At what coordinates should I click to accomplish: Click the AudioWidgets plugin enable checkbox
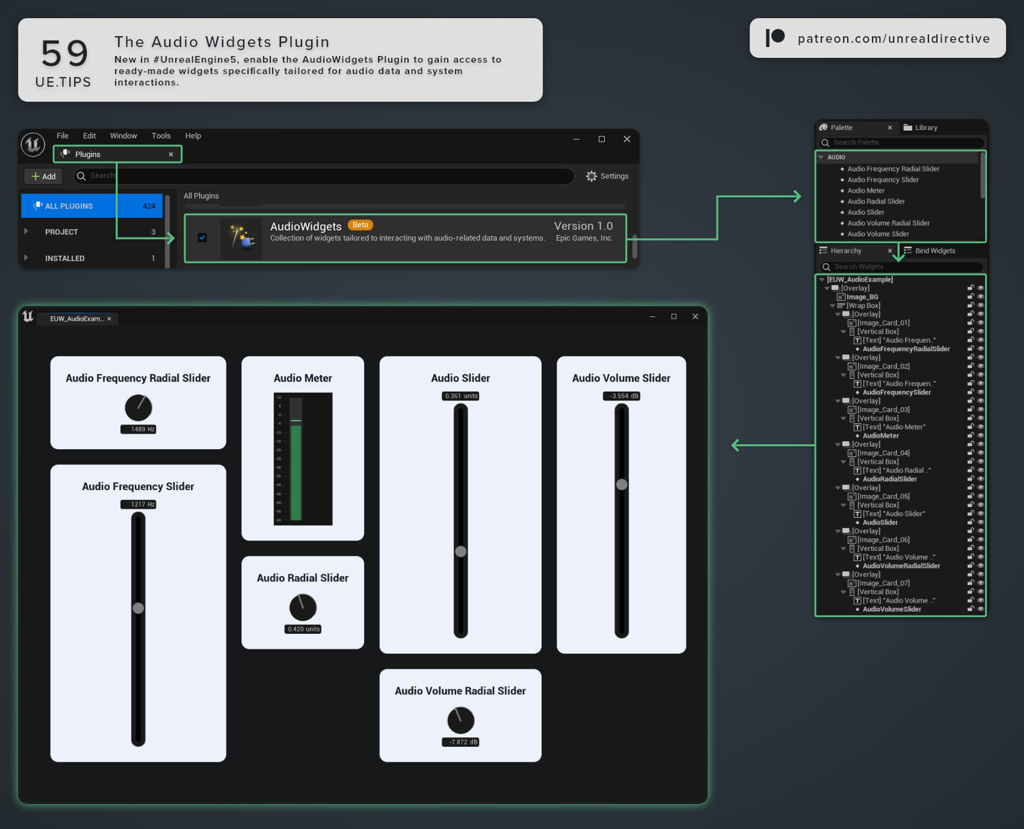[x=202, y=237]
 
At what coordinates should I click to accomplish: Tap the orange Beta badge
[x=360, y=225]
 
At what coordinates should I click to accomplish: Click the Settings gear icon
[x=591, y=176]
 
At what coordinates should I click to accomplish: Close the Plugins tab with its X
[x=171, y=154]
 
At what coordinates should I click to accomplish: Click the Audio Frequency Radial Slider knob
[x=138, y=407]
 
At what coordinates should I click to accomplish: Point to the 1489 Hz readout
[x=138, y=429]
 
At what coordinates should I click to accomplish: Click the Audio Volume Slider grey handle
[x=621, y=484]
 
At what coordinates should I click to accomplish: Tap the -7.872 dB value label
[x=460, y=742]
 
